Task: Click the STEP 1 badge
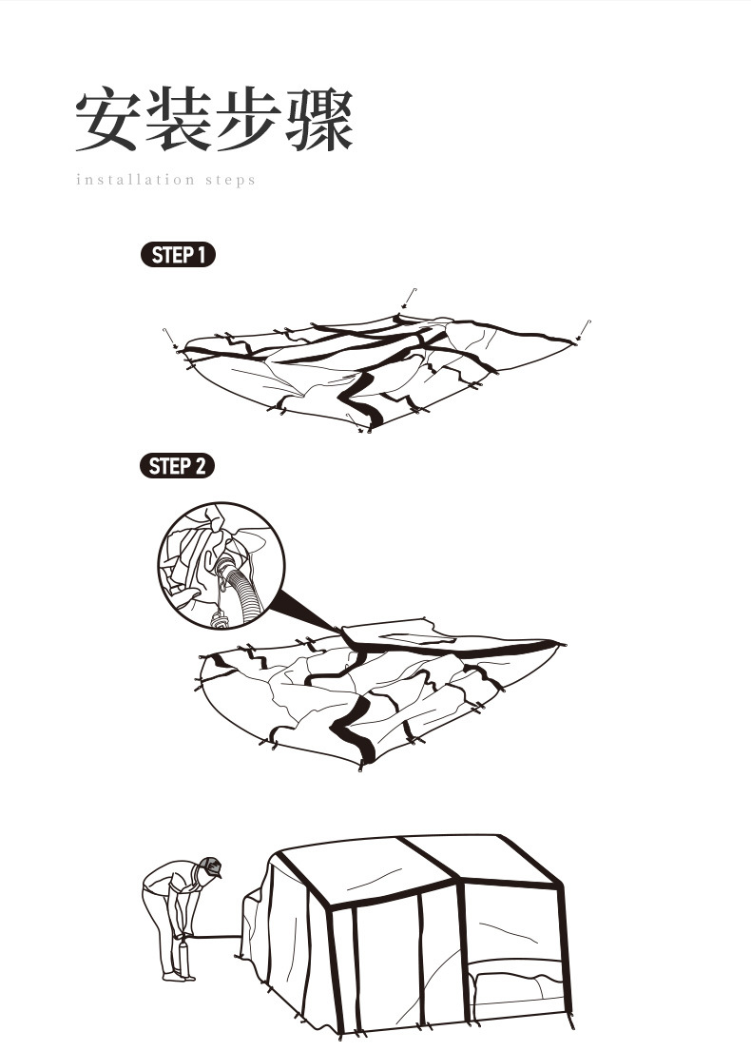178,255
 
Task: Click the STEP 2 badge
177,466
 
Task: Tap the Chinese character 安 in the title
107,120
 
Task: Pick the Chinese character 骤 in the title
318,120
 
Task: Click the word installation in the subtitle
135,180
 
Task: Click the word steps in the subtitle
231,181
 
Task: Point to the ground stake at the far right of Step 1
585,330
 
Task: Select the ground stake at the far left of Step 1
171,338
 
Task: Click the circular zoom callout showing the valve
221,566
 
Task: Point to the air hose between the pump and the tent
216,936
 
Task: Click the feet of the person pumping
179,977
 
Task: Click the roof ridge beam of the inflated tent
429,857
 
